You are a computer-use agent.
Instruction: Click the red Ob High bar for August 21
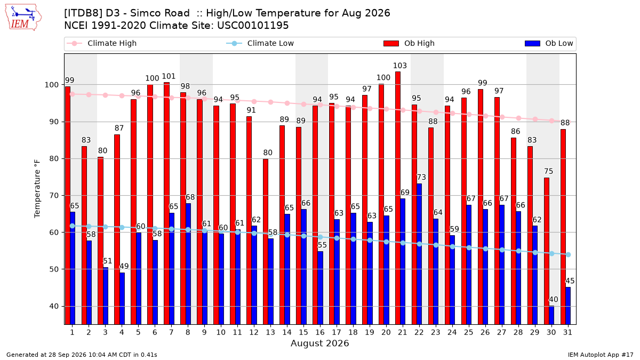point(398,198)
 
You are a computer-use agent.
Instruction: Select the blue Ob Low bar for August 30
point(551,315)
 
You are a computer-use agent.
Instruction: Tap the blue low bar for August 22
point(419,254)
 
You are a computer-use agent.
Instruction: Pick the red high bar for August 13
point(266,242)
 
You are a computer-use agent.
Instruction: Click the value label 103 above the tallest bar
point(399,66)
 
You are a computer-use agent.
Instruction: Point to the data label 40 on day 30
point(554,299)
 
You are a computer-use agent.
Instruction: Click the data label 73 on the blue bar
point(421,177)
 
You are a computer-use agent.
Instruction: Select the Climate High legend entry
point(102,43)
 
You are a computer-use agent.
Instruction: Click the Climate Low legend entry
point(260,43)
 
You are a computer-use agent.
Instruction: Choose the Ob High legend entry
point(409,43)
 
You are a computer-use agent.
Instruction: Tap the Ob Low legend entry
point(549,43)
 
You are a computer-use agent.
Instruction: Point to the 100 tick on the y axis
point(51,85)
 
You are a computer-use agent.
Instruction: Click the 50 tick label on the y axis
point(54,269)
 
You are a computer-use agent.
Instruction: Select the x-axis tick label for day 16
point(320,332)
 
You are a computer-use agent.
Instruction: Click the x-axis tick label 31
point(567,332)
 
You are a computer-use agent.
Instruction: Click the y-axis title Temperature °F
point(37,189)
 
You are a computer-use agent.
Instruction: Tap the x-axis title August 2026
point(320,343)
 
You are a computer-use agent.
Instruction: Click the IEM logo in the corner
point(23,18)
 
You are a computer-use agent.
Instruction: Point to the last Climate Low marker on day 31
point(569,254)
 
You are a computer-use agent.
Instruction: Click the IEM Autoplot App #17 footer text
point(601,355)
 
